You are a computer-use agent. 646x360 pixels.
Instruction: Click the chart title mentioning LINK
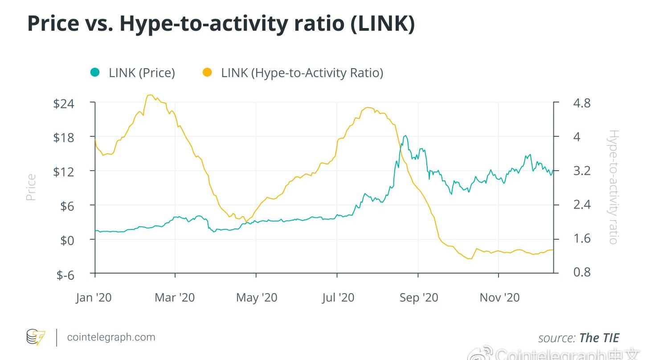(x=221, y=24)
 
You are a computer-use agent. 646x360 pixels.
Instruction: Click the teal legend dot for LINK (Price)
(x=95, y=72)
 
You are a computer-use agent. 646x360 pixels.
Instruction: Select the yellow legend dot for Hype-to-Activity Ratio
(x=207, y=72)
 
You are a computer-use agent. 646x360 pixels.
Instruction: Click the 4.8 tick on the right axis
(x=582, y=103)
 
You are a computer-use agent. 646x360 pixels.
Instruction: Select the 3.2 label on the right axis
(x=582, y=171)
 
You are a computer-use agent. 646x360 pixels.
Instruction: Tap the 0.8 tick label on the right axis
(x=582, y=272)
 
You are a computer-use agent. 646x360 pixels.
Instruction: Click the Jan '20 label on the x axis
(x=94, y=298)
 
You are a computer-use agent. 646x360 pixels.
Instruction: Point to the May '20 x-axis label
(x=257, y=298)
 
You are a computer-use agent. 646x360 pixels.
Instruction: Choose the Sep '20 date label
(x=419, y=298)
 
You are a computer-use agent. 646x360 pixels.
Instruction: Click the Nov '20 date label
(x=499, y=298)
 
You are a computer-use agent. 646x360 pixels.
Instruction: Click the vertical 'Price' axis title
(x=31, y=187)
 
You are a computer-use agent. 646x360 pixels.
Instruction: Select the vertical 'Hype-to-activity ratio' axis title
(x=613, y=187)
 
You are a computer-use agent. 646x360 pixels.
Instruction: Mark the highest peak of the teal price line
(x=405, y=136)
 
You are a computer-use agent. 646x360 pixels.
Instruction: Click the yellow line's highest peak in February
(x=150, y=95)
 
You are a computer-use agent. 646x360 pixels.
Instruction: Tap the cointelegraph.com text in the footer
(x=111, y=337)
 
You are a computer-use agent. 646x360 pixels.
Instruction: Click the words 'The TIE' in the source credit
(x=599, y=338)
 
